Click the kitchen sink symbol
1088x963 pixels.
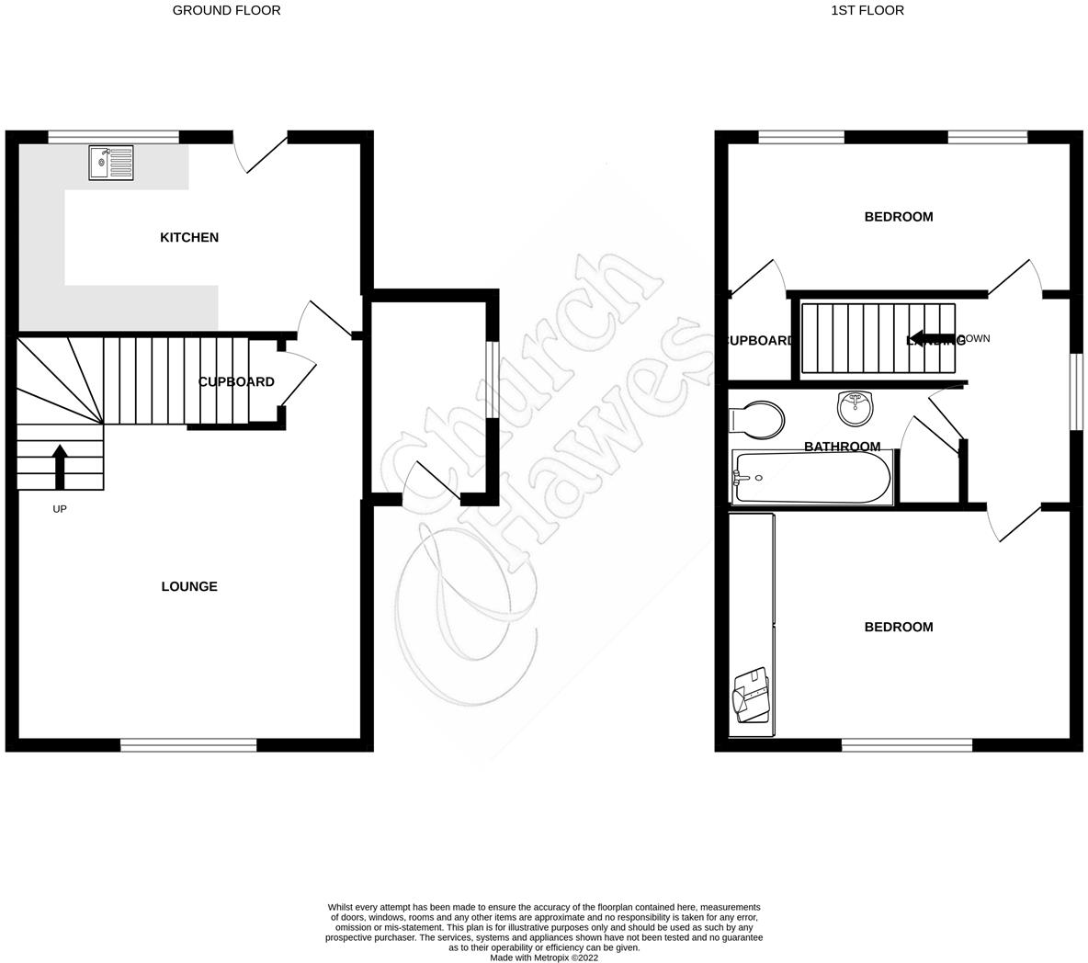click(x=111, y=164)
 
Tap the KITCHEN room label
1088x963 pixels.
click(x=189, y=238)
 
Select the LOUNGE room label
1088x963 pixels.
click(x=189, y=587)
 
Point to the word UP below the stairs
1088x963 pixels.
click(x=60, y=509)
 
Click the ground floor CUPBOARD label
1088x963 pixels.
click(x=236, y=382)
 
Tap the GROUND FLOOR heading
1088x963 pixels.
click(x=227, y=11)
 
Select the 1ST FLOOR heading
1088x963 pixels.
click(x=867, y=11)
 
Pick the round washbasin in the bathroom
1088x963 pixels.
click(x=856, y=408)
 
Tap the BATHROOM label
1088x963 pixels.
click(x=842, y=448)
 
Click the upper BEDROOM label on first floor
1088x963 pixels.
click(x=898, y=218)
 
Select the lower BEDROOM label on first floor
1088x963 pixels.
click(x=898, y=628)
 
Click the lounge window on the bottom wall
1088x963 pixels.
click(x=188, y=745)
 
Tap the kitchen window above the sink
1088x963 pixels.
click(x=113, y=137)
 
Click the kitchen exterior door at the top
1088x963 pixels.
click(x=261, y=153)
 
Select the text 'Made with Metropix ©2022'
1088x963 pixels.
click(x=544, y=957)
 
